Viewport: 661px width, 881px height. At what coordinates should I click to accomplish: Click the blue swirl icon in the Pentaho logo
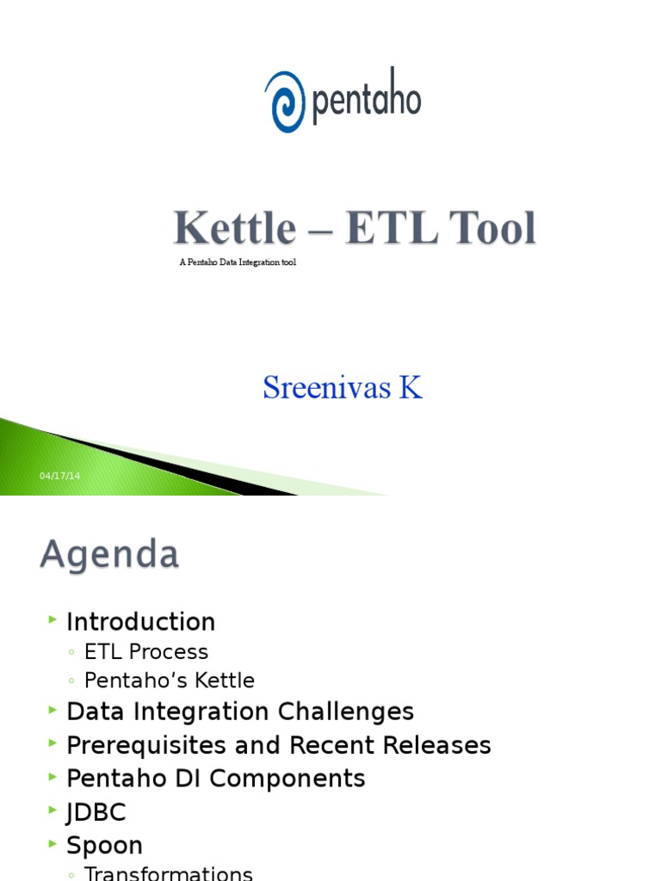pos(285,102)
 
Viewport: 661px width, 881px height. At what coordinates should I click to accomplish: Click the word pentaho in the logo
pos(366,101)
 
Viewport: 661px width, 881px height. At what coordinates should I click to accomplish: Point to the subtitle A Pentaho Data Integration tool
pos(238,262)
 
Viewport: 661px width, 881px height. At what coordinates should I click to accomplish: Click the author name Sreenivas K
pos(343,388)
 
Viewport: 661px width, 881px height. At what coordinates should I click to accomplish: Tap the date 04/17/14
pos(59,476)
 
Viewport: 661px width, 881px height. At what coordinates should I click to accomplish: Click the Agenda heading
pos(109,555)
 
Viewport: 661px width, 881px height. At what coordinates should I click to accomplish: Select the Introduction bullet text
pos(140,622)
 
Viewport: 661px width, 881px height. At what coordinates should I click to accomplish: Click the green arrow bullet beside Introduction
pos(53,620)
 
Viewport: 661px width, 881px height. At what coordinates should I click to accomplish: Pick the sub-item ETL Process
pos(146,652)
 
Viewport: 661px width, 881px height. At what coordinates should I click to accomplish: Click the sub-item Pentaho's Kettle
pos(170,681)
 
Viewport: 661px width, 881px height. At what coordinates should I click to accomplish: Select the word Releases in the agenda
pos(439,745)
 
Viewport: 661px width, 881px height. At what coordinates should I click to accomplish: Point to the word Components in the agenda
pos(287,779)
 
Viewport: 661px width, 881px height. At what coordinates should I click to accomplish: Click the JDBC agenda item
pos(96,812)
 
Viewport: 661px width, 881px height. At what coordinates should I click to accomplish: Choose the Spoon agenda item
pos(104,846)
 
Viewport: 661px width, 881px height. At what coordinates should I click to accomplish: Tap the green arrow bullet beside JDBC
pos(53,810)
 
